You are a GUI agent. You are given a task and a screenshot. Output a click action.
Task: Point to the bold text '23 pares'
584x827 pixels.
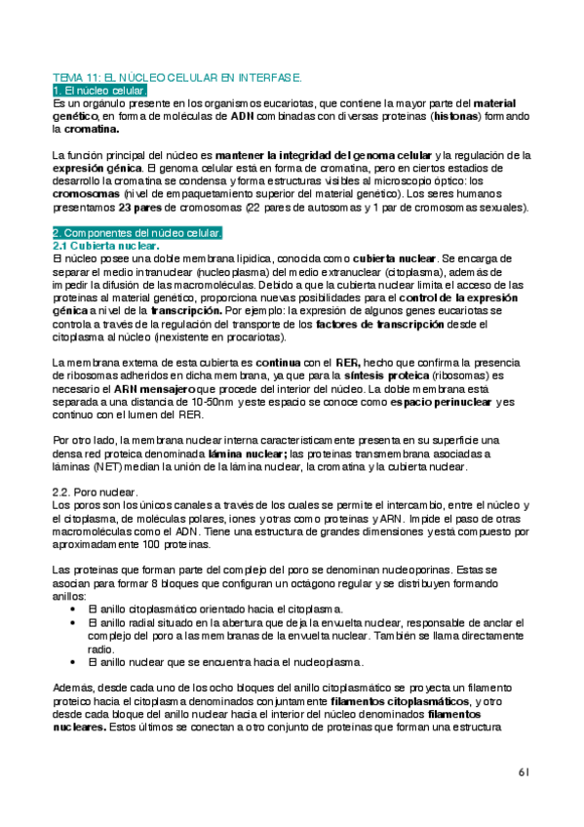pyautogui.click(x=143, y=208)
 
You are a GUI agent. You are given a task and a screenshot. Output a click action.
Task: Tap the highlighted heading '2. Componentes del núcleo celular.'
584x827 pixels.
pyautogui.click(x=137, y=233)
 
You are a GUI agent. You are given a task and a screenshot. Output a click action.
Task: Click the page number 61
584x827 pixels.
pyautogui.click(x=524, y=771)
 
